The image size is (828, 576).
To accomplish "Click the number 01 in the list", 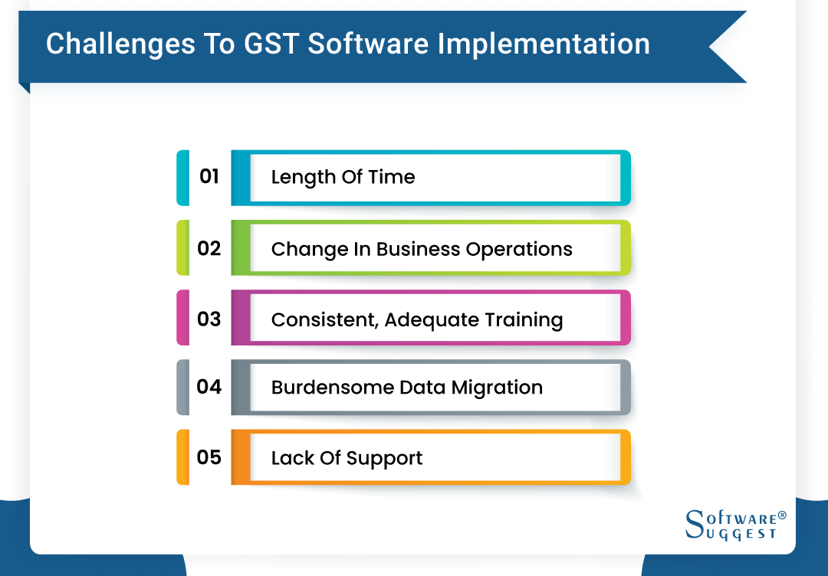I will (x=209, y=177).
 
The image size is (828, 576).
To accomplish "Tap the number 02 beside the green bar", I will (x=209, y=248).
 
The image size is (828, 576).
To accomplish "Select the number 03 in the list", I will (x=209, y=319).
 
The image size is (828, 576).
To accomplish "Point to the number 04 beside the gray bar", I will (x=209, y=387).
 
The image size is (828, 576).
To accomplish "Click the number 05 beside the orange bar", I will (x=209, y=457).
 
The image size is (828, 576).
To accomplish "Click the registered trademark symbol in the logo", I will (x=782, y=515).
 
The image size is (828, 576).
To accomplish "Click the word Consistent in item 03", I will (x=324, y=320).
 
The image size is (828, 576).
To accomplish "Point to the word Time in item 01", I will (x=391, y=178).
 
